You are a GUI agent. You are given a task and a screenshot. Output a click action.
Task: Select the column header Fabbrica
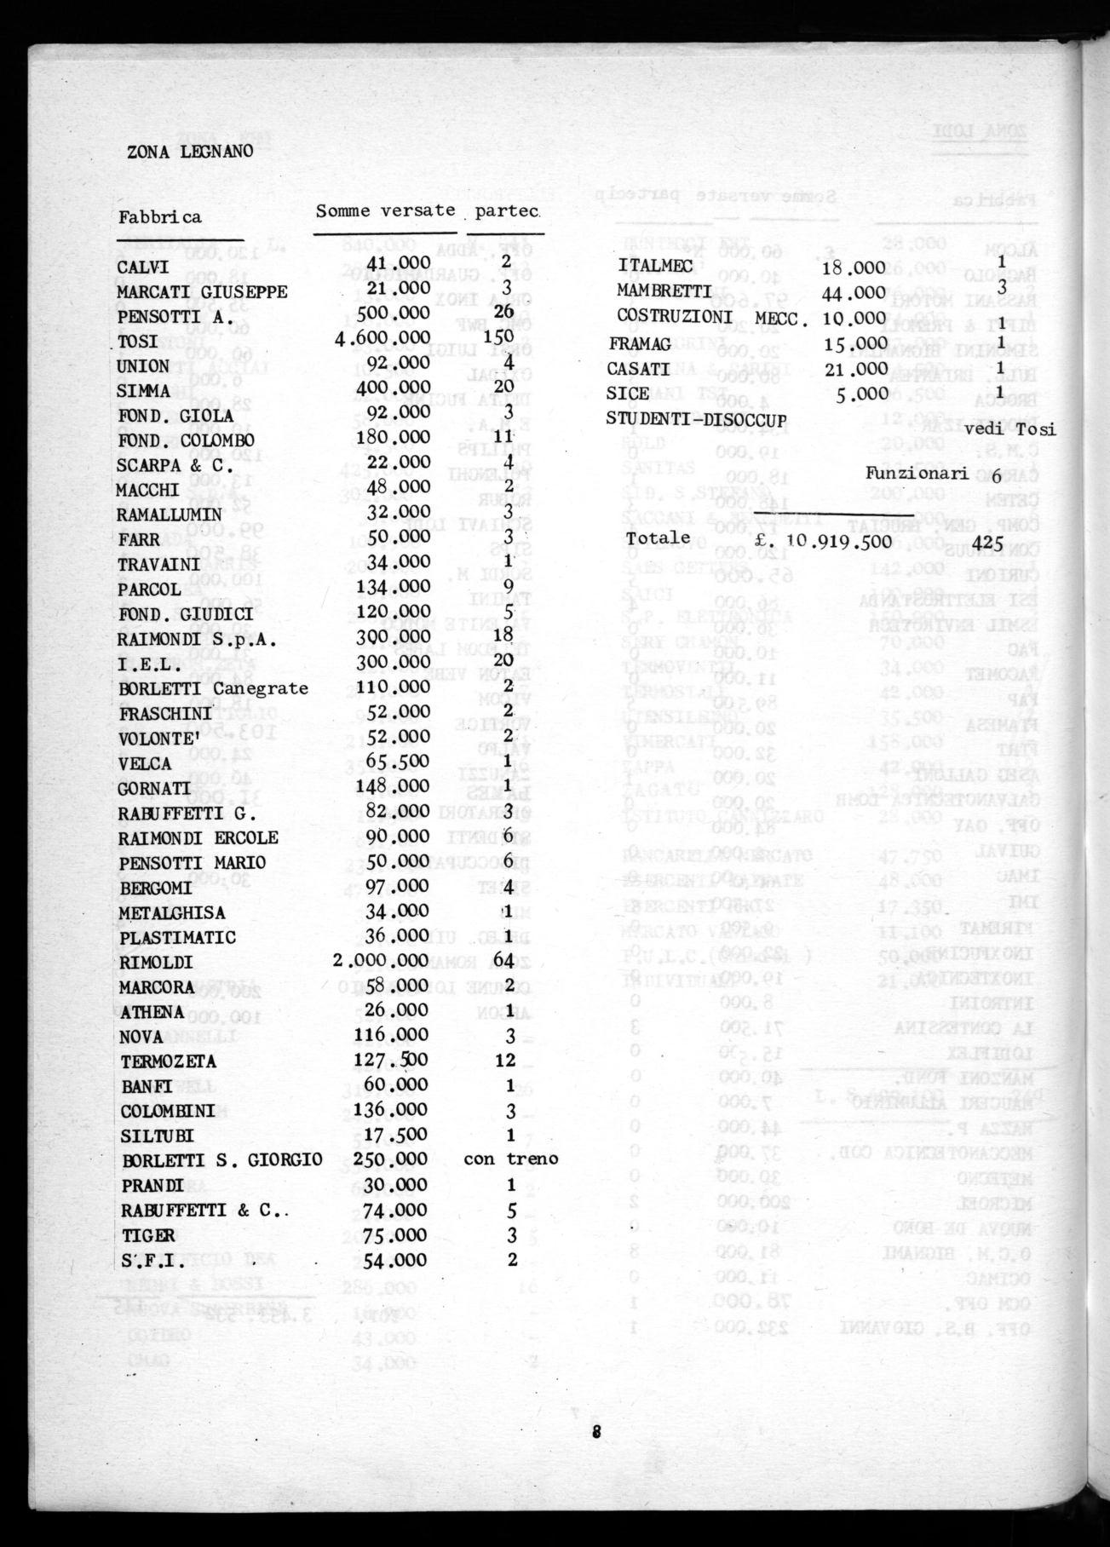click(160, 216)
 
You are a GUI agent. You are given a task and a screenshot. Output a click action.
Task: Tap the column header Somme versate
click(385, 210)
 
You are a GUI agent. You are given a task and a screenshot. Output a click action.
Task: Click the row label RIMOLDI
click(157, 963)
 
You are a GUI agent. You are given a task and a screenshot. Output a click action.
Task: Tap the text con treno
click(511, 1159)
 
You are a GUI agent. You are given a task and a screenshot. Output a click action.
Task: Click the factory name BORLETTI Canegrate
click(213, 688)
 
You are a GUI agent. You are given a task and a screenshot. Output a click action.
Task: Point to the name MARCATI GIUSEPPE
click(203, 292)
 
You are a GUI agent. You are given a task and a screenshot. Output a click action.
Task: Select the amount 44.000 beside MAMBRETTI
click(854, 292)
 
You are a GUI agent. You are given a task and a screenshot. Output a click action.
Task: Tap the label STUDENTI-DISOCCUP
click(696, 418)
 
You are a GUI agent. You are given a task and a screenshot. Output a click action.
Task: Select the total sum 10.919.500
click(839, 540)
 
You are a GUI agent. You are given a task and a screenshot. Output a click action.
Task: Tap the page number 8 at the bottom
click(596, 1432)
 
